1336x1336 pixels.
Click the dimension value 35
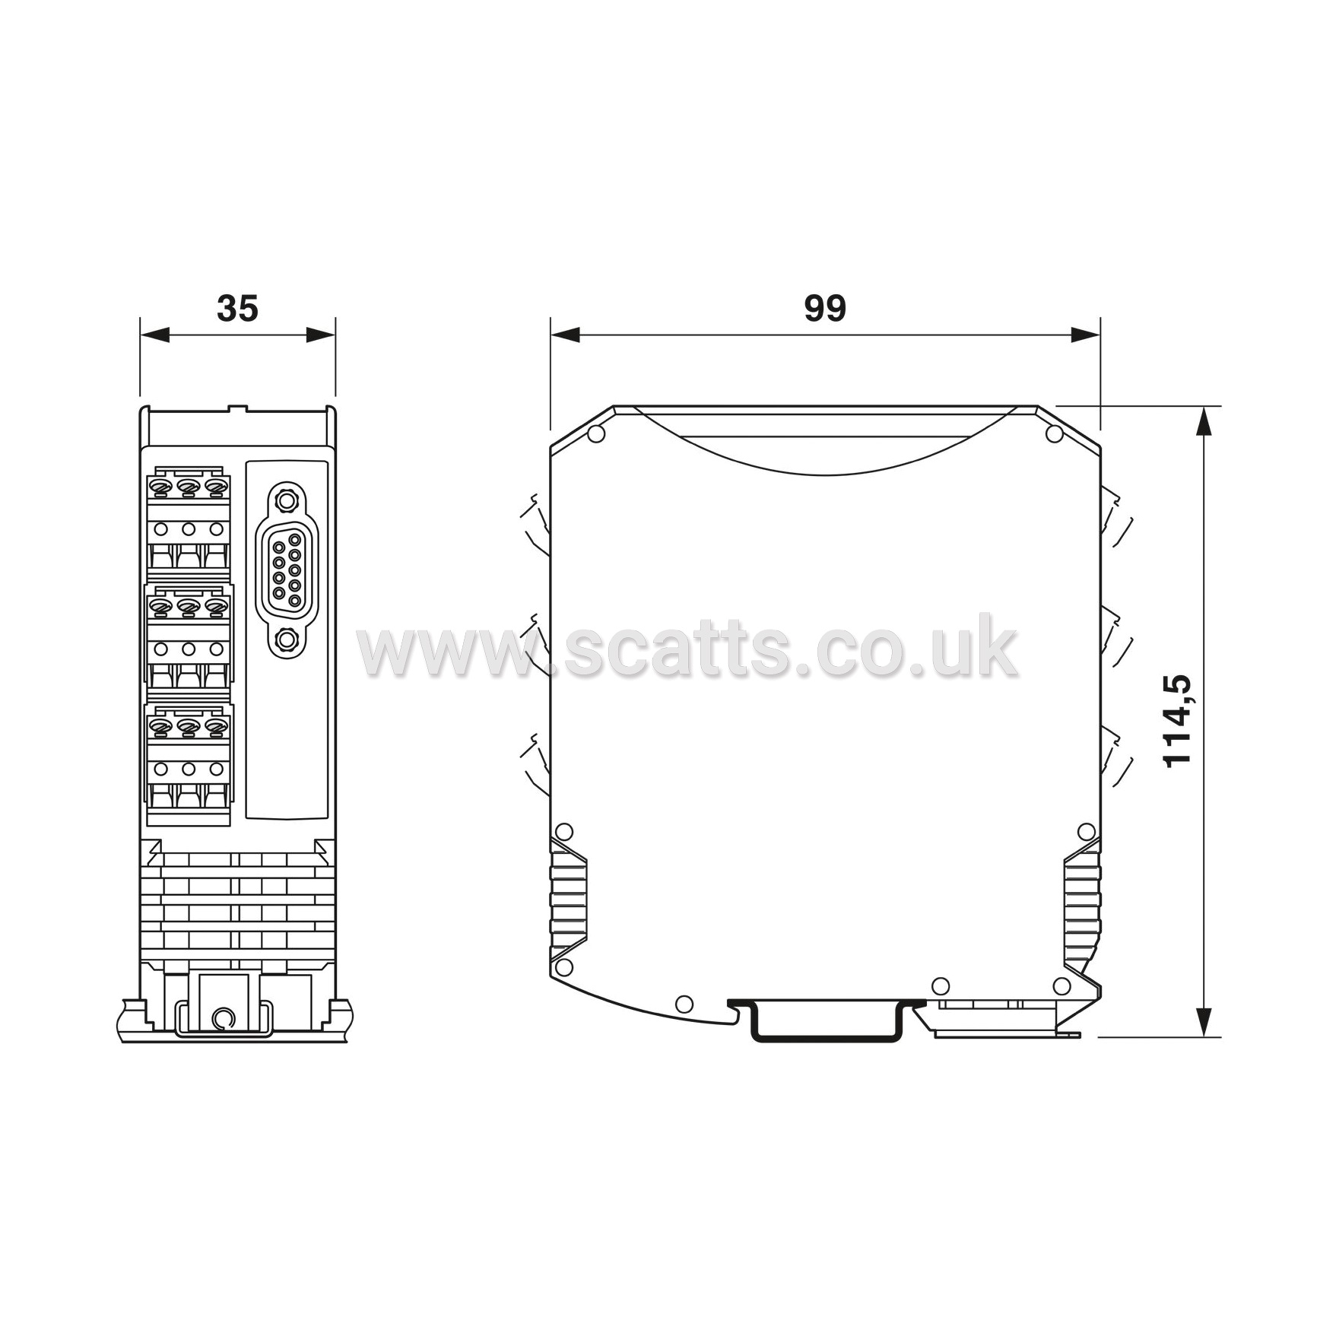(x=238, y=309)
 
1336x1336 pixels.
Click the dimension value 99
(x=825, y=309)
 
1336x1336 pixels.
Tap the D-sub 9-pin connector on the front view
(x=286, y=569)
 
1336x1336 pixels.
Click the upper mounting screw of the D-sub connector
(x=286, y=500)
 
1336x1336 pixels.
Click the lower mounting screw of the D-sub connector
(x=286, y=639)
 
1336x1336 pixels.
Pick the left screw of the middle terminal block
(x=161, y=607)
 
